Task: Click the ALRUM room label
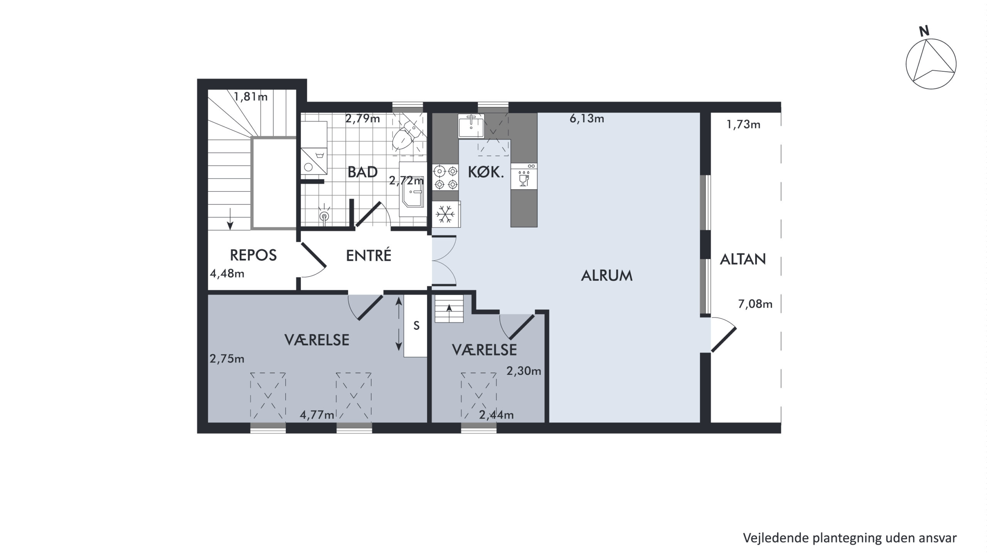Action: (606, 276)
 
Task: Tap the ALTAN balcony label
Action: (743, 259)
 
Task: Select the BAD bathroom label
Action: (362, 172)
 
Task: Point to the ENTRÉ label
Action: (369, 255)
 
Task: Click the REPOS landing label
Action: (253, 255)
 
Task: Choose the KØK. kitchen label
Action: (486, 172)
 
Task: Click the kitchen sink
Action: (471, 126)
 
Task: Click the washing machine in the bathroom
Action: (314, 162)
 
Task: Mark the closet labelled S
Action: (415, 326)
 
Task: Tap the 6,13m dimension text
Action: (587, 119)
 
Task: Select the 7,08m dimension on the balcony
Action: (755, 304)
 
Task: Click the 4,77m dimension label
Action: (317, 415)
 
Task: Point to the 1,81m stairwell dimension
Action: (251, 96)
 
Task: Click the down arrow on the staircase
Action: (230, 218)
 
